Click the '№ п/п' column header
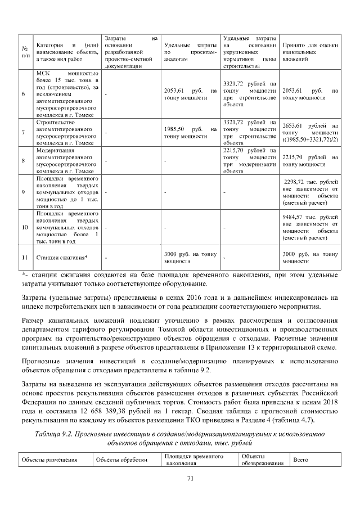click(25, 51)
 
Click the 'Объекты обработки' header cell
click(122, 460)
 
